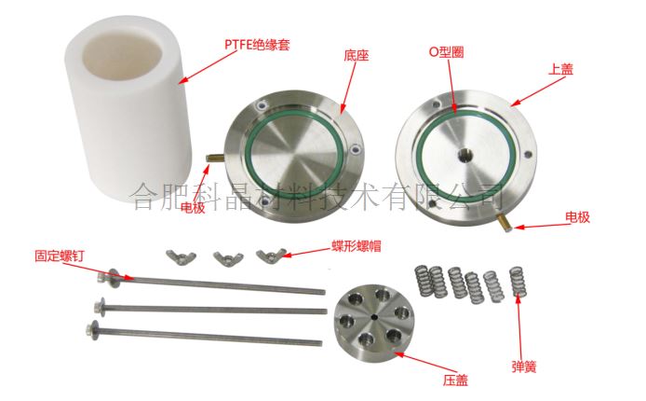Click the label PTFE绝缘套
pyautogui.click(x=257, y=44)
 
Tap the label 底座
pyautogui.click(x=356, y=55)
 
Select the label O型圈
pyautogui.click(x=447, y=52)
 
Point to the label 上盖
pyautogui.click(x=560, y=69)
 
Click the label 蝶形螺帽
pyautogui.click(x=357, y=246)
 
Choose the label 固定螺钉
pyautogui.click(x=60, y=256)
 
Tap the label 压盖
pyautogui.click(x=456, y=380)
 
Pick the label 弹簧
pyautogui.click(x=524, y=366)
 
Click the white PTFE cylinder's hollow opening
pyautogui.click(x=122, y=54)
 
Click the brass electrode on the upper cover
pyautogui.click(x=505, y=222)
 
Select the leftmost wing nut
pyautogui.click(x=181, y=257)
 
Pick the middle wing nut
pyautogui.click(x=228, y=258)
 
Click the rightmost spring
pyautogui.click(x=517, y=282)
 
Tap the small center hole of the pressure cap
pyautogui.click(x=373, y=317)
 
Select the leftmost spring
pyautogui.click(x=423, y=281)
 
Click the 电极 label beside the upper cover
pyautogui.click(x=577, y=217)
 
